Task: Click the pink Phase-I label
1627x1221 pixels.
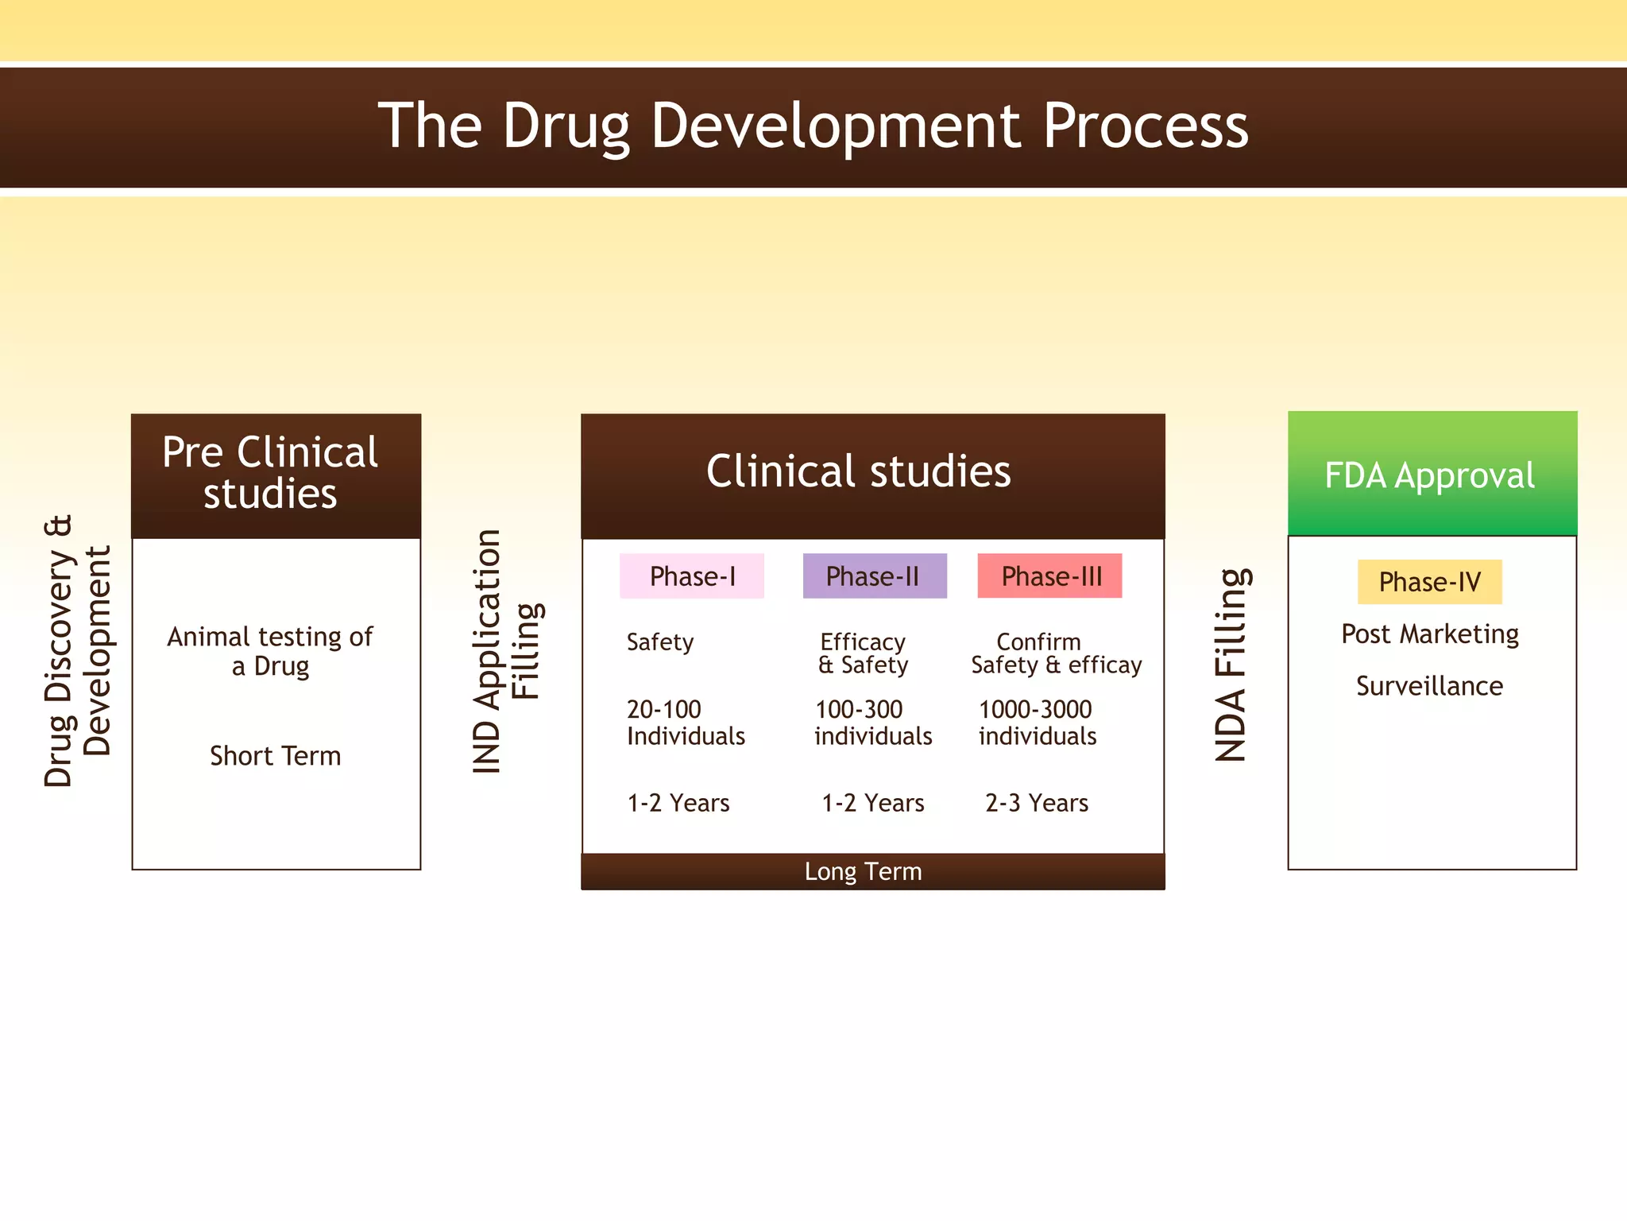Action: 691,576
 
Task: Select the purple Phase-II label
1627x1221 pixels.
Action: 874,576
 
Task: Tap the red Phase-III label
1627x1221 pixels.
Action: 1049,576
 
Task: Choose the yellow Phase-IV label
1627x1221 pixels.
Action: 1429,582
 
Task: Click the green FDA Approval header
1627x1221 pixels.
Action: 1432,475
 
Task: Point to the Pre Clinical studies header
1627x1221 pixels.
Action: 271,473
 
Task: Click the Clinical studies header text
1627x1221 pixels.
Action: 858,471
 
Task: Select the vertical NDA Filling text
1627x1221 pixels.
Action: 1231,665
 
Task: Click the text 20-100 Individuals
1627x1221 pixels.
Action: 685,723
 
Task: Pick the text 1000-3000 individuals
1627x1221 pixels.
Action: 1037,723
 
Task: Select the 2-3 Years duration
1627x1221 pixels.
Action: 1036,803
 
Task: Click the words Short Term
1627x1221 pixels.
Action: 275,756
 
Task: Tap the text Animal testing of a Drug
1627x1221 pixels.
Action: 270,651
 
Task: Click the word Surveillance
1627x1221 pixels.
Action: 1429,686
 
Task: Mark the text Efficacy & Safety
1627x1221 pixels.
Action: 863,653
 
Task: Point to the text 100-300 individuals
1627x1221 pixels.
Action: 872,723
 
